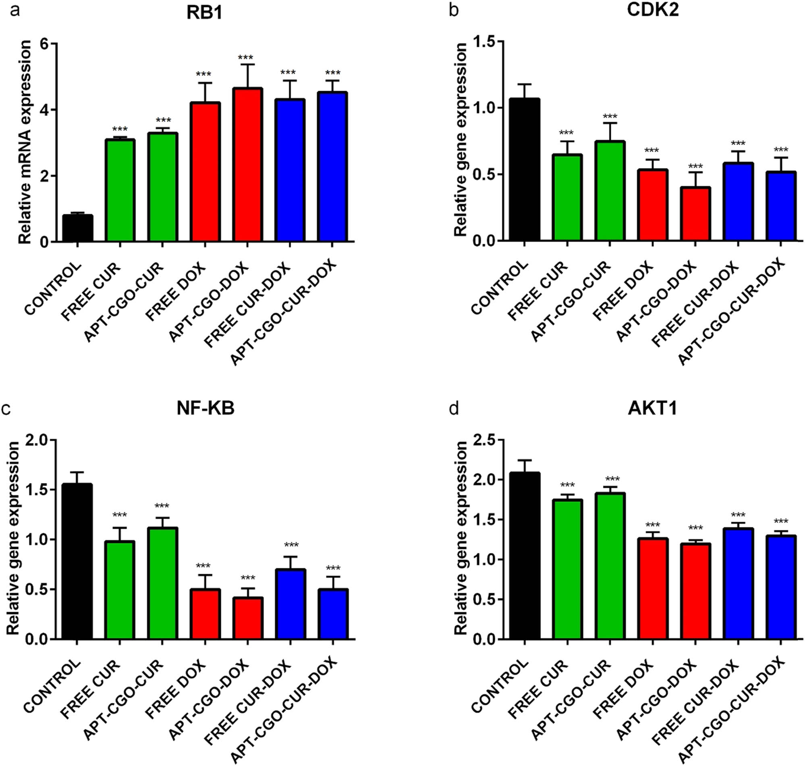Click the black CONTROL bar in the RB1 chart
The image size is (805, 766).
point(78,228)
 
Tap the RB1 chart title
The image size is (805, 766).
point(205,12)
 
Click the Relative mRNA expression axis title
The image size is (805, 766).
point(25,142)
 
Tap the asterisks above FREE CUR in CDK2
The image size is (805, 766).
point(566,133)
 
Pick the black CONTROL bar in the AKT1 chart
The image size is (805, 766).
point(525,556)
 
